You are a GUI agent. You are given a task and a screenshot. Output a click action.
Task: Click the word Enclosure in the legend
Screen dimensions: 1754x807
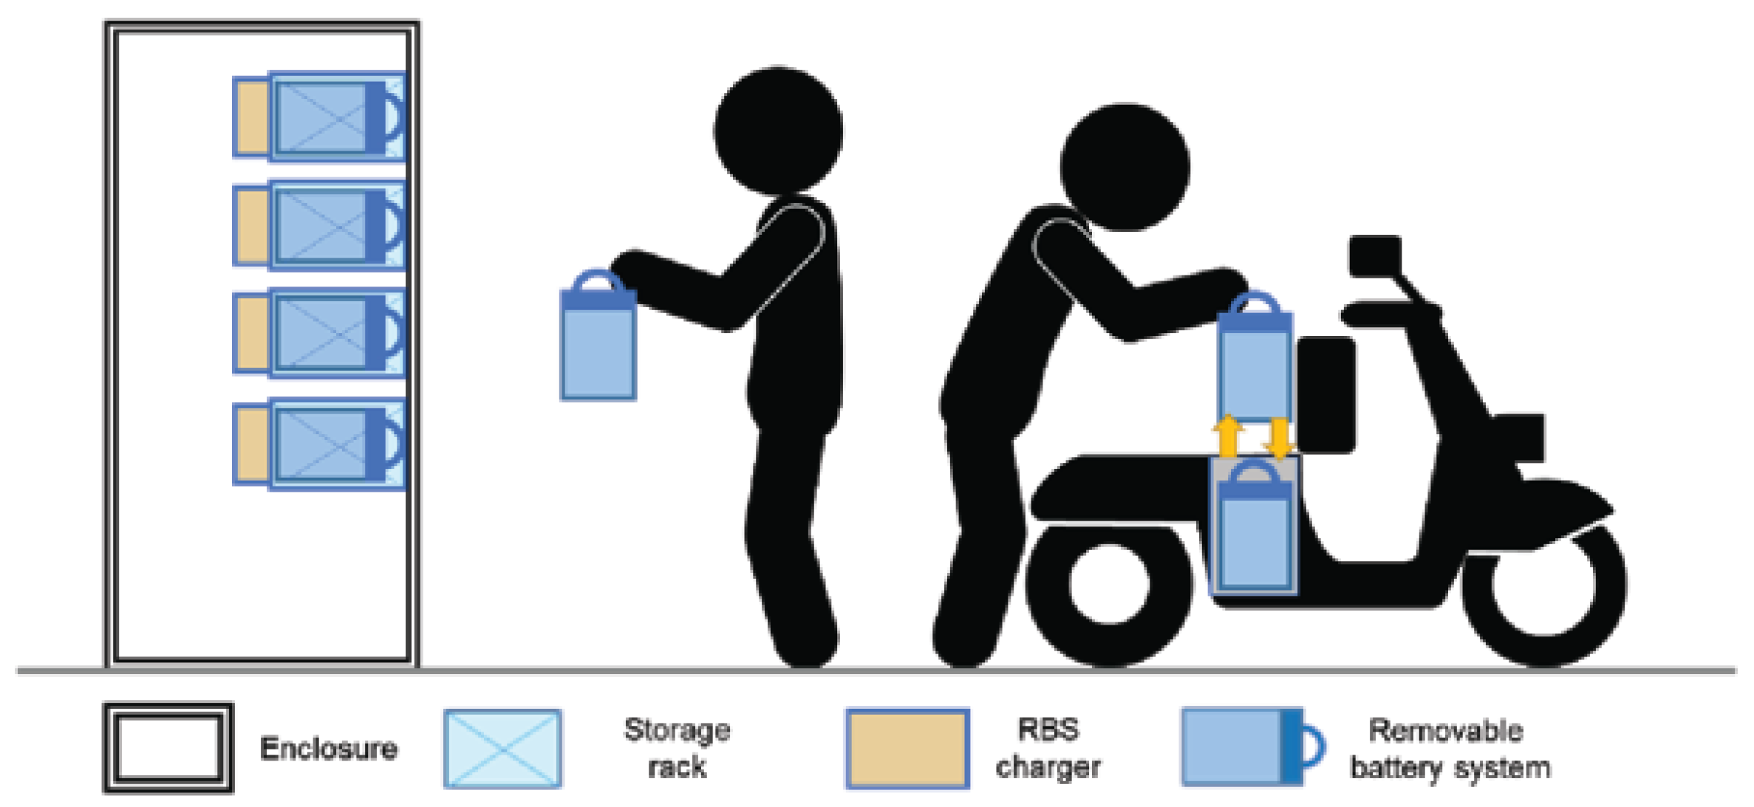[329, 749]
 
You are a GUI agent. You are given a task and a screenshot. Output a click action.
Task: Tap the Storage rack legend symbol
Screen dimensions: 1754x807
[502, 749]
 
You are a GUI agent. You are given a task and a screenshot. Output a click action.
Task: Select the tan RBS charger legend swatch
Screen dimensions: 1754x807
[907, 749]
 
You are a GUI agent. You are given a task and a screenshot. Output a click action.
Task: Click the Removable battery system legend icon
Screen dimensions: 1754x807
[1252, 746]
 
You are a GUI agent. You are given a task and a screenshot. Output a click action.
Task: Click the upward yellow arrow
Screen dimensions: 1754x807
[1227, 436]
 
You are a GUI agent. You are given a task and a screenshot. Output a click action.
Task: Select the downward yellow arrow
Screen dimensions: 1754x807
[1277, 438]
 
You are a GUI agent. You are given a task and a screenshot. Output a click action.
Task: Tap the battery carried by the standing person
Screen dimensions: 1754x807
[598, 336]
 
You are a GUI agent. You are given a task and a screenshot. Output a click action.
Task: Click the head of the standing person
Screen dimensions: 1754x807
[778, 131]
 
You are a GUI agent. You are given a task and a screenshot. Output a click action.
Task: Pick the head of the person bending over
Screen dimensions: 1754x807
[1125, 168]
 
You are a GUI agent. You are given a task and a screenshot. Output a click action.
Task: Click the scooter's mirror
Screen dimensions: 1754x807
[1375, 256]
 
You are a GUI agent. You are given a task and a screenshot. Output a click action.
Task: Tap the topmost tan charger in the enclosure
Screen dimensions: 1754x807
[252, 117]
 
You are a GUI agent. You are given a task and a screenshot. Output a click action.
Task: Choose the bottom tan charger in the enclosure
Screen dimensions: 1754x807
[252, 444]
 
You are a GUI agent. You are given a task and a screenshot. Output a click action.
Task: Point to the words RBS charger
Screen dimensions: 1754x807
[1048, 748]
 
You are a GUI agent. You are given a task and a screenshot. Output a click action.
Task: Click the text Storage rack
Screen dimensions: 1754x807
[678, 748]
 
